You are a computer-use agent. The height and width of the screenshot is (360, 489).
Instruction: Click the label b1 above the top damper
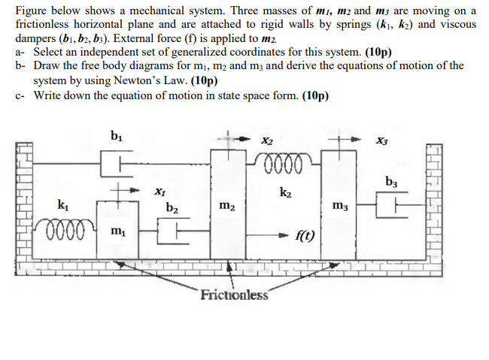pyautogui.click(x=116, y=136)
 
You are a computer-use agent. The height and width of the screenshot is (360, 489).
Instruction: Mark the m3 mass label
pyautogui.click(x=339, y=206)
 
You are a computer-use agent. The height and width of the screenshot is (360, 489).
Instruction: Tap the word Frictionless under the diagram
pyautogui.click(x=234, y=295)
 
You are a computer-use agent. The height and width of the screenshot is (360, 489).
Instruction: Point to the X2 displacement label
pyautogui.click(x=267, y=140)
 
